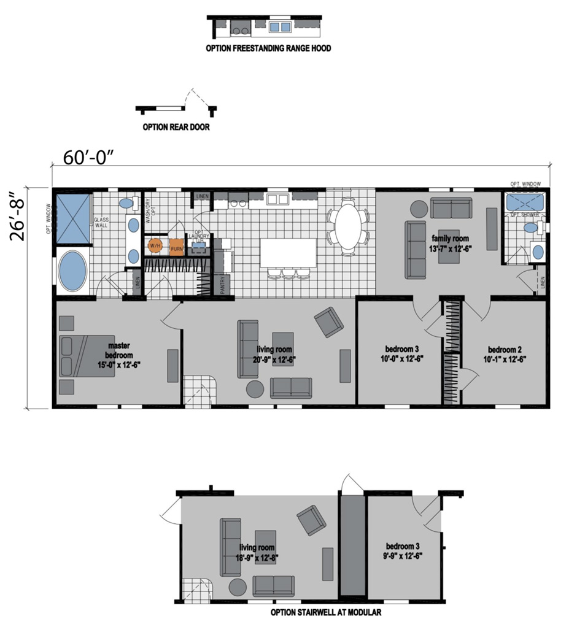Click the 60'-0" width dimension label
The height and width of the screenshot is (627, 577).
pyautogui.click(x=89, y=156)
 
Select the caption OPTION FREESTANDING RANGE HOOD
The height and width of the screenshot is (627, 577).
pyautogui.click(x=268, y=48)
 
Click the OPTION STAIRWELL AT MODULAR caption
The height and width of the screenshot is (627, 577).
pyautogui.click(x=326, y=612)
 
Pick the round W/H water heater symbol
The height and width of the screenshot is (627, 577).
pyautogui.click(x=155, y=246)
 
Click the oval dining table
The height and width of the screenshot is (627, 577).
pyautogui.click(x=349, y=227)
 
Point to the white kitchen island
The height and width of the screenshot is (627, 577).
pyautogui.click(x=288, y=252)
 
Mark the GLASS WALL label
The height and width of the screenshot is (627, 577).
pyautogui.click(x=101, y=222)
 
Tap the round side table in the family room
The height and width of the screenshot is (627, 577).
pyautogui.click(x=417, y=209)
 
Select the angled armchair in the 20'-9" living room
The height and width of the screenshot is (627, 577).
pyautogui.click(x=329, y=321)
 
